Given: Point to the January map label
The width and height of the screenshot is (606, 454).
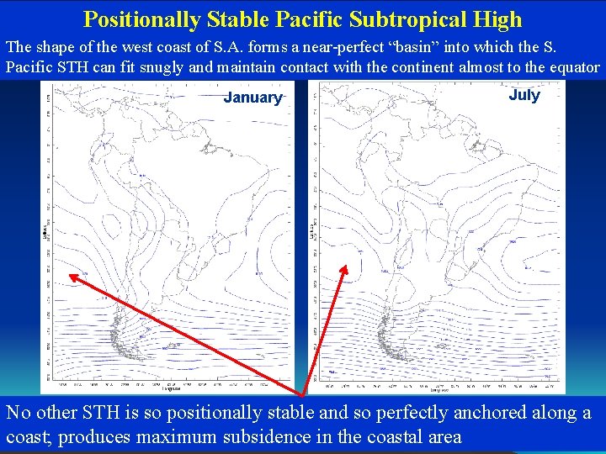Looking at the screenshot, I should (x=252, y=98).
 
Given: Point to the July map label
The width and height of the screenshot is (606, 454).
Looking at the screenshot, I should (x=524, y=95).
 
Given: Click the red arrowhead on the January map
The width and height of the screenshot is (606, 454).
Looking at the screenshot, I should (x=72, y=276).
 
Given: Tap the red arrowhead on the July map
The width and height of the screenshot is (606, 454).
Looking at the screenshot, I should (x=343, y=269).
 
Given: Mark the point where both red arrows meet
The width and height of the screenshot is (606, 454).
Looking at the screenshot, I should (x=304, y=394).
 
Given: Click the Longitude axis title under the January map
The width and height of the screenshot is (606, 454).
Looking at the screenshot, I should (x=171, y=389).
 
